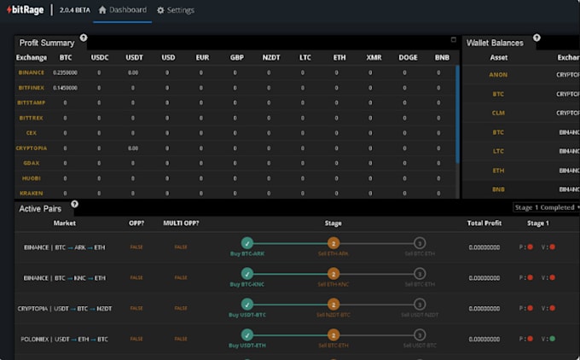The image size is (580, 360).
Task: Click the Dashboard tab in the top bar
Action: (122, 10)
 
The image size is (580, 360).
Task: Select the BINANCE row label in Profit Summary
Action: (31, 73)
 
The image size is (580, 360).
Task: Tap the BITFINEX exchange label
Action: (31, 87)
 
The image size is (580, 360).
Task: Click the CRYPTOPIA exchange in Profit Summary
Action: (31, 148)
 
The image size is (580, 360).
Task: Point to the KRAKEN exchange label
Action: (31, 193)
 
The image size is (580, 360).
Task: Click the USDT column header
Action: (133, 57)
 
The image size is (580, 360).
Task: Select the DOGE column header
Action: (408, 57)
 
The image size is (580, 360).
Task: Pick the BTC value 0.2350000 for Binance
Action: (66, 73)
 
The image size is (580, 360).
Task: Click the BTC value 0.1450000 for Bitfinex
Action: (66, 87)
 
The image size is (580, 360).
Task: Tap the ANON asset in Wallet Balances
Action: (498, 75)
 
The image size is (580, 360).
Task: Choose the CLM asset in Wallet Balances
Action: (498, 113)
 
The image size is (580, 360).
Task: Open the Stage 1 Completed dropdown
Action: (545, 207)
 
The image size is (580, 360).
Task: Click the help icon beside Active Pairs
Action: (74, 205)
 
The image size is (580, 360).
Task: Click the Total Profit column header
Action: (484, 223)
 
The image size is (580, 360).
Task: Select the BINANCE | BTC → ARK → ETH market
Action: (65, 247)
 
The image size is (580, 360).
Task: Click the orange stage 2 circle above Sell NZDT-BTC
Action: (333, 305)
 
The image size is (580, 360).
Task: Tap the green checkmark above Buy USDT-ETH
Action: (247, 334)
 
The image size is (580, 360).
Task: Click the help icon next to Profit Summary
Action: (83, 38)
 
